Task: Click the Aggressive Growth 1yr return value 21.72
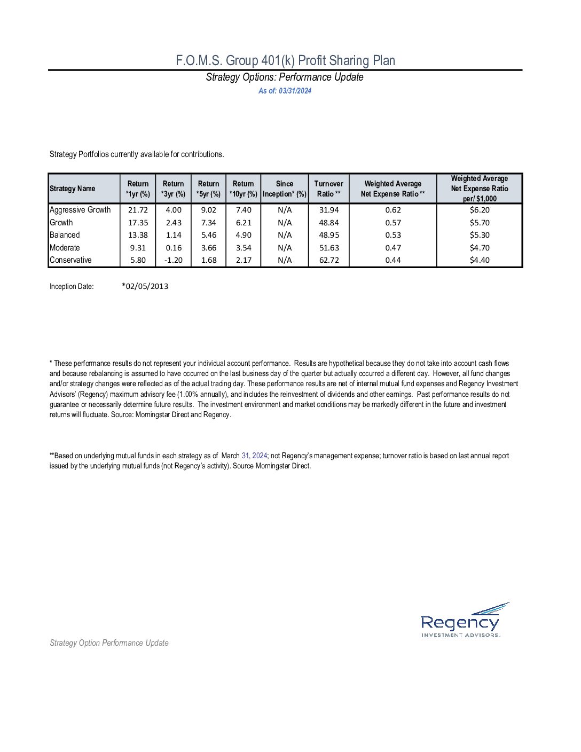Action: [138, 210]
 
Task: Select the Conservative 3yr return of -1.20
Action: [173, 260]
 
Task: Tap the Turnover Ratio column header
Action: [328, 189]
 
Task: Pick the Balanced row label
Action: [65, 235]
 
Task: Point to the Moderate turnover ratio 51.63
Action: [329, 248]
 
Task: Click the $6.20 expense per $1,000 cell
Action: [479, 210]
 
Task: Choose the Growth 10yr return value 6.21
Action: [244, 223]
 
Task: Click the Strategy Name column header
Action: [73, 189]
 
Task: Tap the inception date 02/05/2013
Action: [145, 286]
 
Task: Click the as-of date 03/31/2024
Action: [285, 91]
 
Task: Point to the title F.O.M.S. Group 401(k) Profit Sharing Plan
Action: [285, 60]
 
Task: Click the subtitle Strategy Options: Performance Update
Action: [285, 77]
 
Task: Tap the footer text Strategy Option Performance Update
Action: [109, 643]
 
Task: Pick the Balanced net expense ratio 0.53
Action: [393, 235]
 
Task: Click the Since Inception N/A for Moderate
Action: [285, 248]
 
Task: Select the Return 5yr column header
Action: [208, 189]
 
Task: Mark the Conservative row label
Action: [70, 260]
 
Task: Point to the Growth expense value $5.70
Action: [479, 223]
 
